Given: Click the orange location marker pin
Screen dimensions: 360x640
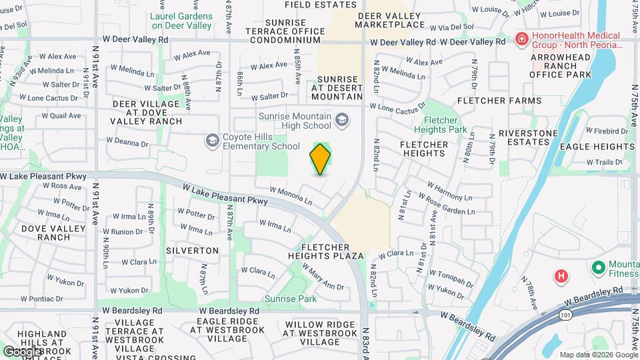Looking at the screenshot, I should [x=320, y=159].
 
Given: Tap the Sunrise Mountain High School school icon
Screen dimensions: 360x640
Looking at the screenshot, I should [x=342, y=119].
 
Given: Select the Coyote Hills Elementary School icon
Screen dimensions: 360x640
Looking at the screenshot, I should [x=212, y=140].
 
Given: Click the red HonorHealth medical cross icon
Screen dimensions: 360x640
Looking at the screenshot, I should [x=521, y=39].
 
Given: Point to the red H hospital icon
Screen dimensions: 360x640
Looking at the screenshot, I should [x=561, y=275].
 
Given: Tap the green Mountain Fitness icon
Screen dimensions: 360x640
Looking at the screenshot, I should [x=598, y=268].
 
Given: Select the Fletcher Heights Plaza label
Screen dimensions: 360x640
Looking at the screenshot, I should [x=326, y=251].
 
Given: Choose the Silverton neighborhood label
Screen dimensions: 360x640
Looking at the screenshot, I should [x=195, y=251].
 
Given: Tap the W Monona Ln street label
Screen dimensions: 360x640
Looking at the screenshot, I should [x=291, y=195].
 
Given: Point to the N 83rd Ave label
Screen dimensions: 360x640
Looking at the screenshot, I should [x=366, y=340].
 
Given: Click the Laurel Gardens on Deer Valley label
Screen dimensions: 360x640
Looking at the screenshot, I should [x=181, y=21].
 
